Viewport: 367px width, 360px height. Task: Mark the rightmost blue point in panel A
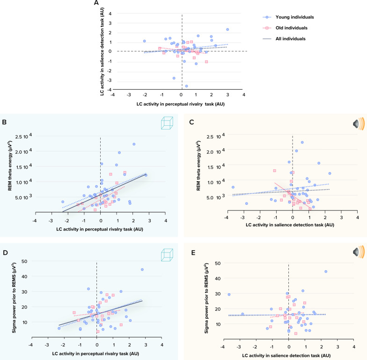[228, 29]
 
